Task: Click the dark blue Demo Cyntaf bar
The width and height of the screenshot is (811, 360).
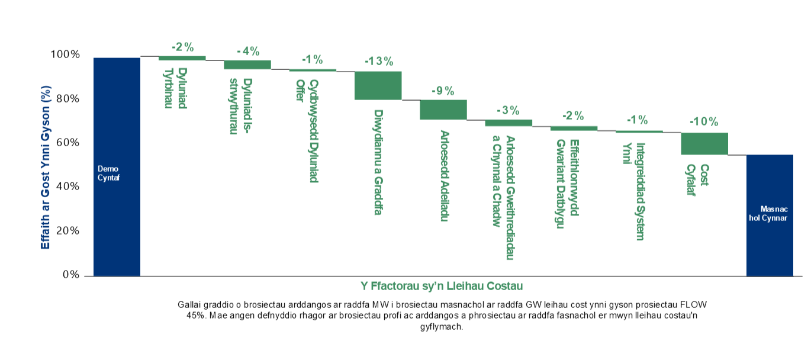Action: tap(117, 166)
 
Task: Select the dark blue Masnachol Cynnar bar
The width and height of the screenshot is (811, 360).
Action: tap(769, 215)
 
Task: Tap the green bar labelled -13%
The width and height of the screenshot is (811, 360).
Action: tap(378, 85)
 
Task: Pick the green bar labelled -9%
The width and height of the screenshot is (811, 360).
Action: tap(443, 110)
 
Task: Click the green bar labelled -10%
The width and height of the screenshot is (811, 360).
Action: tap(704, 143)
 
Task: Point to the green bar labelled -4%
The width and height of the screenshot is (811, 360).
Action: tap(247, 65)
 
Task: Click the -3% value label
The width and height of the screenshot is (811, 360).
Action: tap(508, 110)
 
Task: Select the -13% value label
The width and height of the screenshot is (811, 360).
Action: tap(378, 61)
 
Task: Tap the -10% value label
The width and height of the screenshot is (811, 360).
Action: tap(704, 122)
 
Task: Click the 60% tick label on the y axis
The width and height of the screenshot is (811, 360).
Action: tap(67, 143)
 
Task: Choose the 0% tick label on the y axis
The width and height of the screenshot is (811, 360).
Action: tap(70, 275)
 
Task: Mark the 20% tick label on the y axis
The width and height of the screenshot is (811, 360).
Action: tap(67, 231)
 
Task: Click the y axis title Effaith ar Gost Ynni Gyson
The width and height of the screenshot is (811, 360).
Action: tap(46, 167)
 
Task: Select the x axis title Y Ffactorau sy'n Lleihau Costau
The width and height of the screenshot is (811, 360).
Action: tap(441, 286)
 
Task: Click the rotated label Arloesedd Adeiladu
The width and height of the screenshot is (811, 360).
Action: tap(443, 176)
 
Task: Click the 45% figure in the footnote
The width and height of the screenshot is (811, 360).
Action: tap(195, 316)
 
